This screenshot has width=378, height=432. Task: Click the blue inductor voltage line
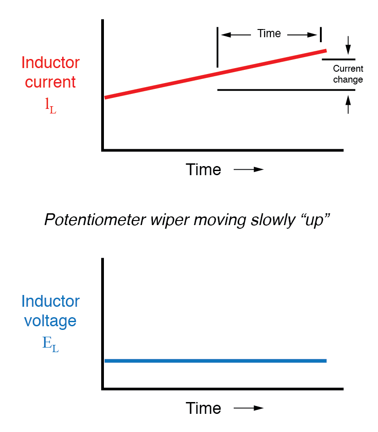coord(215,361)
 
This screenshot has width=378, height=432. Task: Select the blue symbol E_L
coord(50,343)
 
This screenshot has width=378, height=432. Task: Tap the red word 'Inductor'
coord(50,63)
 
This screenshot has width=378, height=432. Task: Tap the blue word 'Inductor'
coord(50,301)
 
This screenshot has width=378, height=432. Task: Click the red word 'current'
coord(50,83)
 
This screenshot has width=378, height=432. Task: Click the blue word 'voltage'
coord(50,321)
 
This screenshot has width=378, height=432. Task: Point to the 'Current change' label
coord(348,74)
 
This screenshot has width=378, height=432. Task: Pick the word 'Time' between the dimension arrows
coord(269,34)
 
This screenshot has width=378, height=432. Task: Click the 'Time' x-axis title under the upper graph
coord(203,169)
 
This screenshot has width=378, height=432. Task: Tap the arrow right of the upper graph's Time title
coord(249,170)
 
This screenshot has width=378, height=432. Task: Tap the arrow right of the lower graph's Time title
coord(249,408)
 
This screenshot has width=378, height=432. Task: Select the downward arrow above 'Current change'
coord(348,44)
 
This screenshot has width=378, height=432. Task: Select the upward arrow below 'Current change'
coord(348,104)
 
